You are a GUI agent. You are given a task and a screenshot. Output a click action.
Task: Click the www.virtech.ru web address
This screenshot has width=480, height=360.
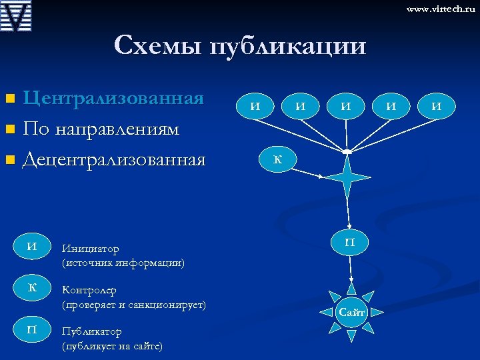click(441, 9)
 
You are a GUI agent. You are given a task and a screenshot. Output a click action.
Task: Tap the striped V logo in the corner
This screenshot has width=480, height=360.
click(17, 17)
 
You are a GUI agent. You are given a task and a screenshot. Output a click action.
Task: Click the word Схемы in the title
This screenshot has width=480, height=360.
click(158, 45)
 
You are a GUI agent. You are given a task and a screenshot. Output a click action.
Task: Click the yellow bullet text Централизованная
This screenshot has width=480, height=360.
click(113, 98)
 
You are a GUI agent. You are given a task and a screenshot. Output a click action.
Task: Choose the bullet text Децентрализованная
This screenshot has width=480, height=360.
click(114, 159)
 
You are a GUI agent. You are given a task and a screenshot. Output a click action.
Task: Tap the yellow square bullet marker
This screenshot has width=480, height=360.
click(9, 99)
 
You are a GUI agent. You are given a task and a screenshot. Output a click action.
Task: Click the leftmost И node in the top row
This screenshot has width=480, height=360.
click(254, 105)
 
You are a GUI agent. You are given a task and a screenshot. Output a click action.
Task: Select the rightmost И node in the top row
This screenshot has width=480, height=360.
click(437, 105)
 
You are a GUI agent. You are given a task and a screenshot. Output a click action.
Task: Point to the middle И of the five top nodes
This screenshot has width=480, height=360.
click(345, 105)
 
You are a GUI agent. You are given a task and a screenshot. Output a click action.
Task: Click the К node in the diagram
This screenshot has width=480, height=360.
click(277, 159)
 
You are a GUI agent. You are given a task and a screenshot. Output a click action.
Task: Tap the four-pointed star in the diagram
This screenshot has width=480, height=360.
click(346, 178)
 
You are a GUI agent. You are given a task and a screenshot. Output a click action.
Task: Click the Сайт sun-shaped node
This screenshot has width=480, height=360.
click(351, 312)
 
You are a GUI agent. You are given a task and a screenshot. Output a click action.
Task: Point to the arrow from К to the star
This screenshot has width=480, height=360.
click(306, 171)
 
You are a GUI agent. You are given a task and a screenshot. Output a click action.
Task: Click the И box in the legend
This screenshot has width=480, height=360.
click(31, 246)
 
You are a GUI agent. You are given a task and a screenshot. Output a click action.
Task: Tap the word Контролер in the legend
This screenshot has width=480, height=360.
click(89, 291)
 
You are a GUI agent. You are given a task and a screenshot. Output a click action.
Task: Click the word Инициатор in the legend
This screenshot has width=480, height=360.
click(91, 249)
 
